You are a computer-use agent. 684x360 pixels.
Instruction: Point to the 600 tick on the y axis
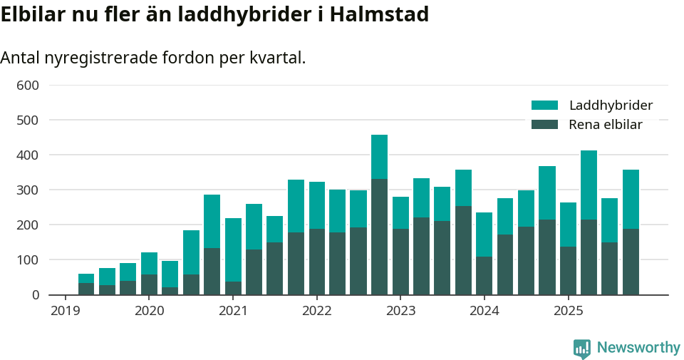(x=28, y=86)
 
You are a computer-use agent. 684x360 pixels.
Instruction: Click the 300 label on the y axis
(x=28, y=190)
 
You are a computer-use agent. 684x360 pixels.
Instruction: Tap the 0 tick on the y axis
(x=34, y=294)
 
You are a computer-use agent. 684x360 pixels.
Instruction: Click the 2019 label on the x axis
(x=65, y=311)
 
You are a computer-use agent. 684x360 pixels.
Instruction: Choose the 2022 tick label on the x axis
(x=316, y=311)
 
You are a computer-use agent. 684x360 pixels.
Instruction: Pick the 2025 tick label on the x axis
(x=568, y=311)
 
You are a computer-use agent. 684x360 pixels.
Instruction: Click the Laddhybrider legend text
(x=611, y=106)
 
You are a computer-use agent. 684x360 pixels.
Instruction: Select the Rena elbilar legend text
(x=606, y=125)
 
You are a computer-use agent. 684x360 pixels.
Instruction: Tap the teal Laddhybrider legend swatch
(x=544, y=106)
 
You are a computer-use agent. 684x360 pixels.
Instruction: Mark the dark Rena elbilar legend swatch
(x=544, y=125)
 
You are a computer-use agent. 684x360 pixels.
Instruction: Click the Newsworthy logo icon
(x=581, y=349)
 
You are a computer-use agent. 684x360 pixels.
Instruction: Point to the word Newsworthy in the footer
(x=638, y=348)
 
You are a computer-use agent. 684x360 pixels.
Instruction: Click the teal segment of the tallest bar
(x=379, y=157)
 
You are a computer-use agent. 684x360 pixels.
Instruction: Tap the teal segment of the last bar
(x=631, y=199)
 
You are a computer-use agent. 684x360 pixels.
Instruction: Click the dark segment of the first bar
(x=86, y=289)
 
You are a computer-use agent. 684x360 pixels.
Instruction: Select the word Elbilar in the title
(x=32, y=14)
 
